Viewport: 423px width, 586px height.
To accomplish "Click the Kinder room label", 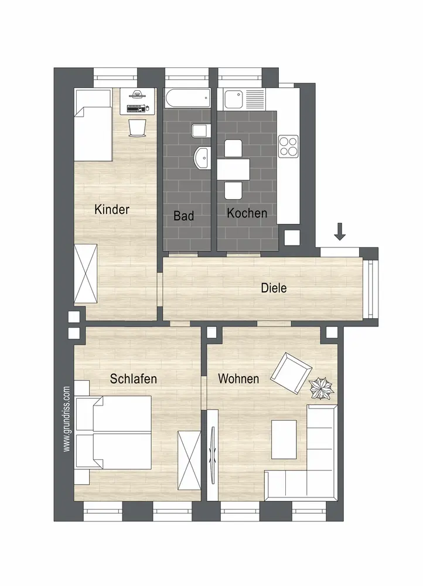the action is coord(112,209).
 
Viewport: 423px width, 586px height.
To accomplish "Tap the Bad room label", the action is coord(183,216).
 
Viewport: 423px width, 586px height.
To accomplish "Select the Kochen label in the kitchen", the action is coord(247,213).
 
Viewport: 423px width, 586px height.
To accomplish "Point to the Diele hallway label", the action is coord(274,288).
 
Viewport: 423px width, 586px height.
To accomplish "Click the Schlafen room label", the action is coord(133,379).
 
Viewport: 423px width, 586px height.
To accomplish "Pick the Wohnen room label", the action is coord(238,379).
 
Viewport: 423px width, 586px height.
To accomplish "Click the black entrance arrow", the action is coord(339,231).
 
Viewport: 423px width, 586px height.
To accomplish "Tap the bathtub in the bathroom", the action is coord(187,98).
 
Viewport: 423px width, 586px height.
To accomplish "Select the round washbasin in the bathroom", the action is coord(202,158).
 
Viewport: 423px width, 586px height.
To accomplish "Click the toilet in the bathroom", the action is coord(201,131).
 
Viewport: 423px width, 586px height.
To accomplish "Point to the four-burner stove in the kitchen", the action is coord(288,146).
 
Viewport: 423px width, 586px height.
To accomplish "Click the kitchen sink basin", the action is coord(234,98).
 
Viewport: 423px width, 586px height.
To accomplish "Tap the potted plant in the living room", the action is coord(322,389).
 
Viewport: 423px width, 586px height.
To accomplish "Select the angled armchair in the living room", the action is coord(291,372).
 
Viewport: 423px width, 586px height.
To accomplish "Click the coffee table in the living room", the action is coord(284,439).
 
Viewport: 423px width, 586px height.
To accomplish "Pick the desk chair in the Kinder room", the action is coord(137,127).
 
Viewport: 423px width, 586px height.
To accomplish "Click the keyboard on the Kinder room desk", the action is coord(135,109).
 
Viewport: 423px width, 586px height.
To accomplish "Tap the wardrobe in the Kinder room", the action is coord(86,274).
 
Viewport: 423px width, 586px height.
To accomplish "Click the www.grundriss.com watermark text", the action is coord(67,418).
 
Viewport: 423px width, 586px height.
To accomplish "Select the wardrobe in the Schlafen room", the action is coord(189,459).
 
